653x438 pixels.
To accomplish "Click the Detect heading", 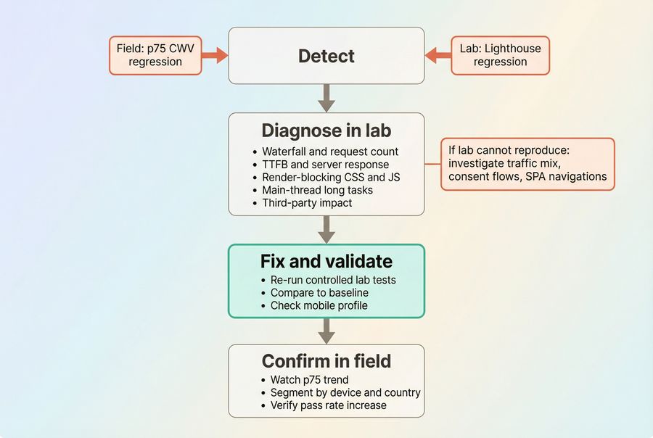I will click(326, 56).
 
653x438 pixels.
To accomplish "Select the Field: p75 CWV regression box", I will click(155, 55).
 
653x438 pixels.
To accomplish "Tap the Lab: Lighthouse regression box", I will click(500, 55).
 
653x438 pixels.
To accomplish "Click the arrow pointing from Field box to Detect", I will click(214, 55).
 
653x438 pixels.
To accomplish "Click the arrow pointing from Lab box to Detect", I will click(438, 55).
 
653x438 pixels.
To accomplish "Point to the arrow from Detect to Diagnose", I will click(326, 97).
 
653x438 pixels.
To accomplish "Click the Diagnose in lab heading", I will click(326, 131).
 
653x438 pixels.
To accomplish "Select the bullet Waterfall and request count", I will click(330, 152).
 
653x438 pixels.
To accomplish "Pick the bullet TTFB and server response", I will click(325, 165).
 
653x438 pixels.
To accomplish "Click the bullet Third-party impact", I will click(307, 203).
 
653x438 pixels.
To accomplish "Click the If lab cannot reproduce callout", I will click(527, 164).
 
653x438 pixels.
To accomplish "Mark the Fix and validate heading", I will click(326, 261).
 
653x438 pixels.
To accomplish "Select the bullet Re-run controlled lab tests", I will click(333, 280).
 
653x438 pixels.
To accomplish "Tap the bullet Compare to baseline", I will click(319, 293).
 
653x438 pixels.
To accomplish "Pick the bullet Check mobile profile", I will click(319, 305).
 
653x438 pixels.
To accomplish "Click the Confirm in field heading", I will click(326, 361).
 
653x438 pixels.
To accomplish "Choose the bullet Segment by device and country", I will click(345, 392).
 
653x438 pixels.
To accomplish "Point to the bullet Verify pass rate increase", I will click(328, 405).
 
